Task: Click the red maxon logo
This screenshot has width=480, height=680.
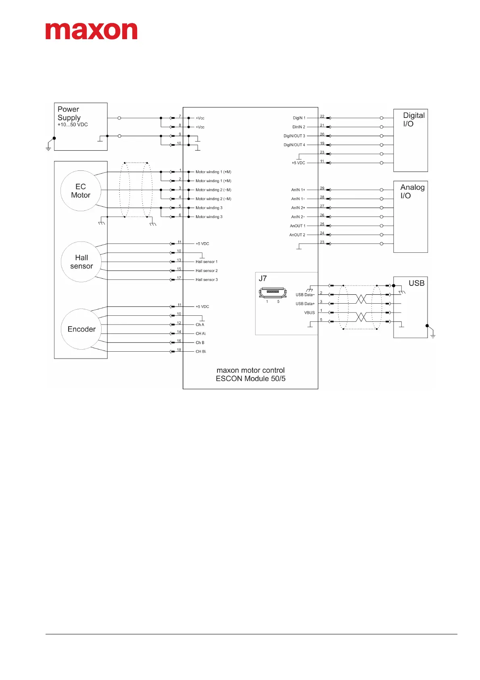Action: click(x=91, y=31)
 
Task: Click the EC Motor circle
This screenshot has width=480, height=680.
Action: click(x=81, y=191)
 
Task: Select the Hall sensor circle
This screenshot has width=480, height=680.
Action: click(x=81, y=262)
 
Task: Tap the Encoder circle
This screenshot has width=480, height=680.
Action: click(x=81, y=329)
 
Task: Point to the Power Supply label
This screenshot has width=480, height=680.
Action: click(x=69, y=113)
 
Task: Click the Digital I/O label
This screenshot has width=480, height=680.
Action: click(x=413, y=120)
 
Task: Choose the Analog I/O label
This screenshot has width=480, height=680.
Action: click(x=412, y=191)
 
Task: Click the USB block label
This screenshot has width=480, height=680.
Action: click(x=416, y=283)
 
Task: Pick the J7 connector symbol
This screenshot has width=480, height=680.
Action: click(x=273, y=293)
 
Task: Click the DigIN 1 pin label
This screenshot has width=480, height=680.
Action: click(x=299, y=118)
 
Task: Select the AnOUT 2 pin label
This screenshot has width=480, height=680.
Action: click(x=297, y=235)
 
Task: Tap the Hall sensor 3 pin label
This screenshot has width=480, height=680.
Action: click(x=207, y=279)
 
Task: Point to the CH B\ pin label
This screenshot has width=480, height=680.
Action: click(x=200, y=351)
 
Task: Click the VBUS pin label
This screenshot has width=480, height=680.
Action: click(x=309, y=313)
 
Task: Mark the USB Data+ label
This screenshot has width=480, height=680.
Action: click(x=305, y=304)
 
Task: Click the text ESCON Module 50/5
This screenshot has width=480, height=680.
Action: click(x=250, y=378)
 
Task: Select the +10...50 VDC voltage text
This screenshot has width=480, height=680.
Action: click(x=73, y=125)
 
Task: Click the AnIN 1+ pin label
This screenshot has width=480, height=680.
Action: click(x=298, y=190)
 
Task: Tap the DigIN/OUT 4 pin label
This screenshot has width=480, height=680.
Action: click(x=294, y=145)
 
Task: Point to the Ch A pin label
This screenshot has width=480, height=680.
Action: click(x=200, y=325)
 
